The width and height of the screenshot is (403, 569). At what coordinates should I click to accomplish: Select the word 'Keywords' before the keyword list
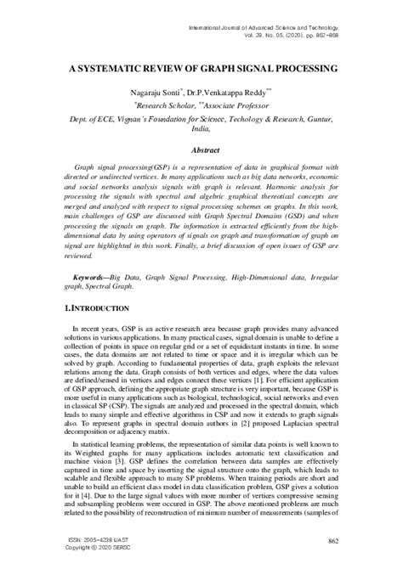92,253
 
